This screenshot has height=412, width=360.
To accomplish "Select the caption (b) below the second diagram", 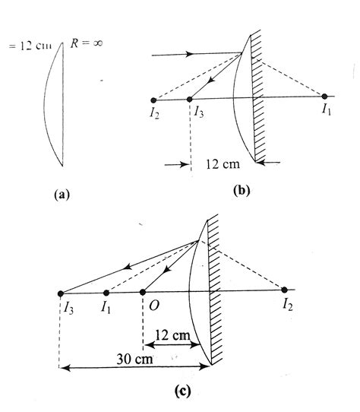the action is [241, 190].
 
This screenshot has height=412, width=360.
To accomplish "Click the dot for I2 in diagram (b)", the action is [154, 99].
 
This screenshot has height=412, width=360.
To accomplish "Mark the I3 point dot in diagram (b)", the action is [190, 99].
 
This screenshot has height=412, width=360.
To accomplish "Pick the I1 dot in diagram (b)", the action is [324, 97].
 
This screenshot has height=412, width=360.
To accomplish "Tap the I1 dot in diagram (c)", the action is [106, 293].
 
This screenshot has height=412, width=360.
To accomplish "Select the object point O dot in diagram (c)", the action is [144, 293].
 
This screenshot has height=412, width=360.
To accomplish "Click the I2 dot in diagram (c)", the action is [285, 290].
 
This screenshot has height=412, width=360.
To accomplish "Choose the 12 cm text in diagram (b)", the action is [223, 164].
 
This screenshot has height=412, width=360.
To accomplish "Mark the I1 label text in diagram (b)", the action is [325, 113].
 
